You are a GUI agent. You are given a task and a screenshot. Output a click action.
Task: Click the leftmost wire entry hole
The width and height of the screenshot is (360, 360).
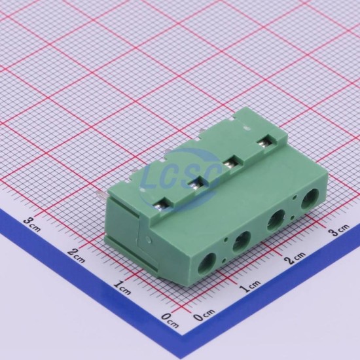(207, 262)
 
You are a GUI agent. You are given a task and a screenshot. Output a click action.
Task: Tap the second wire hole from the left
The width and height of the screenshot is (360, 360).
(242, 241)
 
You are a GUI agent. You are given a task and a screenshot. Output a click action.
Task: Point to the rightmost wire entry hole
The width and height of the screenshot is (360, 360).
(310, 199)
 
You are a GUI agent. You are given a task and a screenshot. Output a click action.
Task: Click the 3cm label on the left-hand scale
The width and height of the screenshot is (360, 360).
(32, 225)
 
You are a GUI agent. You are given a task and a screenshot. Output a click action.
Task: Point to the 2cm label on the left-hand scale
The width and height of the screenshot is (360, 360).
(77, 256)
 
